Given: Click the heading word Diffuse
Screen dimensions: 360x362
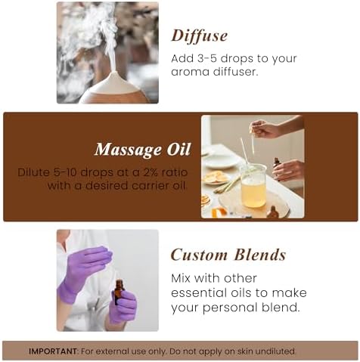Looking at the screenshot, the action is pyautogui.click(x=199, y=36).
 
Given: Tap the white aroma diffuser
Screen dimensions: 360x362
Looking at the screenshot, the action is pyautogui.click(x=115, y=89).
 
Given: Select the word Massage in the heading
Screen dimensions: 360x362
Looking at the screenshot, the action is pyautogui.click(x=129, y=150).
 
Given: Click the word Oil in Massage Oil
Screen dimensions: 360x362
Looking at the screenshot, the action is pyautogui.click(x=178, y=149).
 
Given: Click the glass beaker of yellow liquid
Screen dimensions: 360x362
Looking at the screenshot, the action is pyautogui.click(x=253, y=186).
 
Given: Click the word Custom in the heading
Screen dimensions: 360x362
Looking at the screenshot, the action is pyautogui.click(x=199, y=255).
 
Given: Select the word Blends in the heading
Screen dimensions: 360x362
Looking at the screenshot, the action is pyautogui.click(x=260, y=255).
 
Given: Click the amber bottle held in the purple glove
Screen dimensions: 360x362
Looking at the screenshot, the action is pyautogui.click(x=119, y=292).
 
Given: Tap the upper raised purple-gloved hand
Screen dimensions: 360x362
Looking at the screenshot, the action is pyautogui.click(x=85, y=267).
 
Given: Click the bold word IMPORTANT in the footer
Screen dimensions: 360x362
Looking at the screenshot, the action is pyautogui.click(x=53, y=351).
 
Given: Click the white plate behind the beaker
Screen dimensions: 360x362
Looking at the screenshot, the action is pyautogui.click(x=222, y=160).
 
